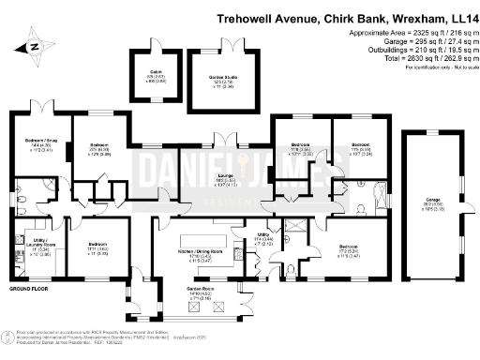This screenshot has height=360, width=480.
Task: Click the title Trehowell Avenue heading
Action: tap(346, 17)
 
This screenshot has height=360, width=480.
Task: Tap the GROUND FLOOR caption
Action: tap(27, 291)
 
